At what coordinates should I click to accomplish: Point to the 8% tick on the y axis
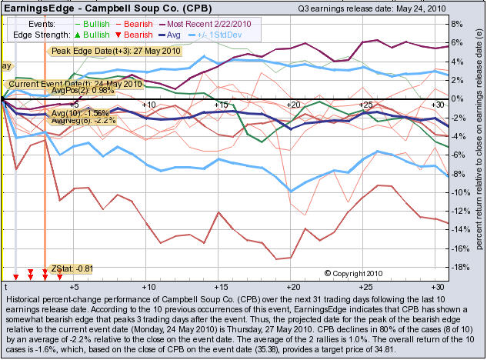coord(455,24)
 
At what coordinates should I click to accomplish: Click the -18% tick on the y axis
coord(454,267)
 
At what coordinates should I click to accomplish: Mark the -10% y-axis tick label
coord(454,192)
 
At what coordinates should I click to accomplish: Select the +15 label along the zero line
coord(220,104)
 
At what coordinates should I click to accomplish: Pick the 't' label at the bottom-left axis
coord(5,285)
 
